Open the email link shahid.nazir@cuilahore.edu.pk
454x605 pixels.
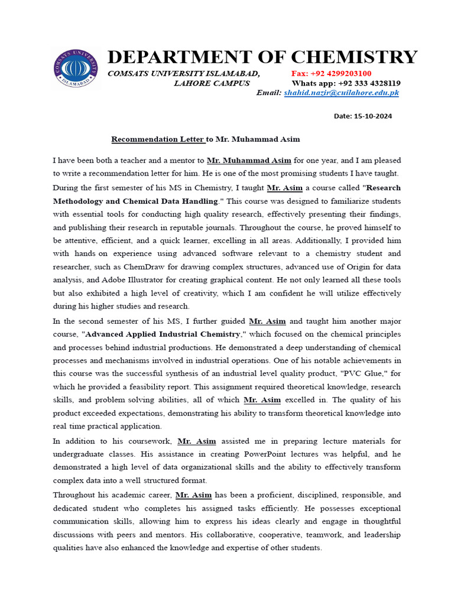pyautogui.click(x=341, y=93)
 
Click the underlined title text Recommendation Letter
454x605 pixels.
pyautogui.click(x=158, y=139)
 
